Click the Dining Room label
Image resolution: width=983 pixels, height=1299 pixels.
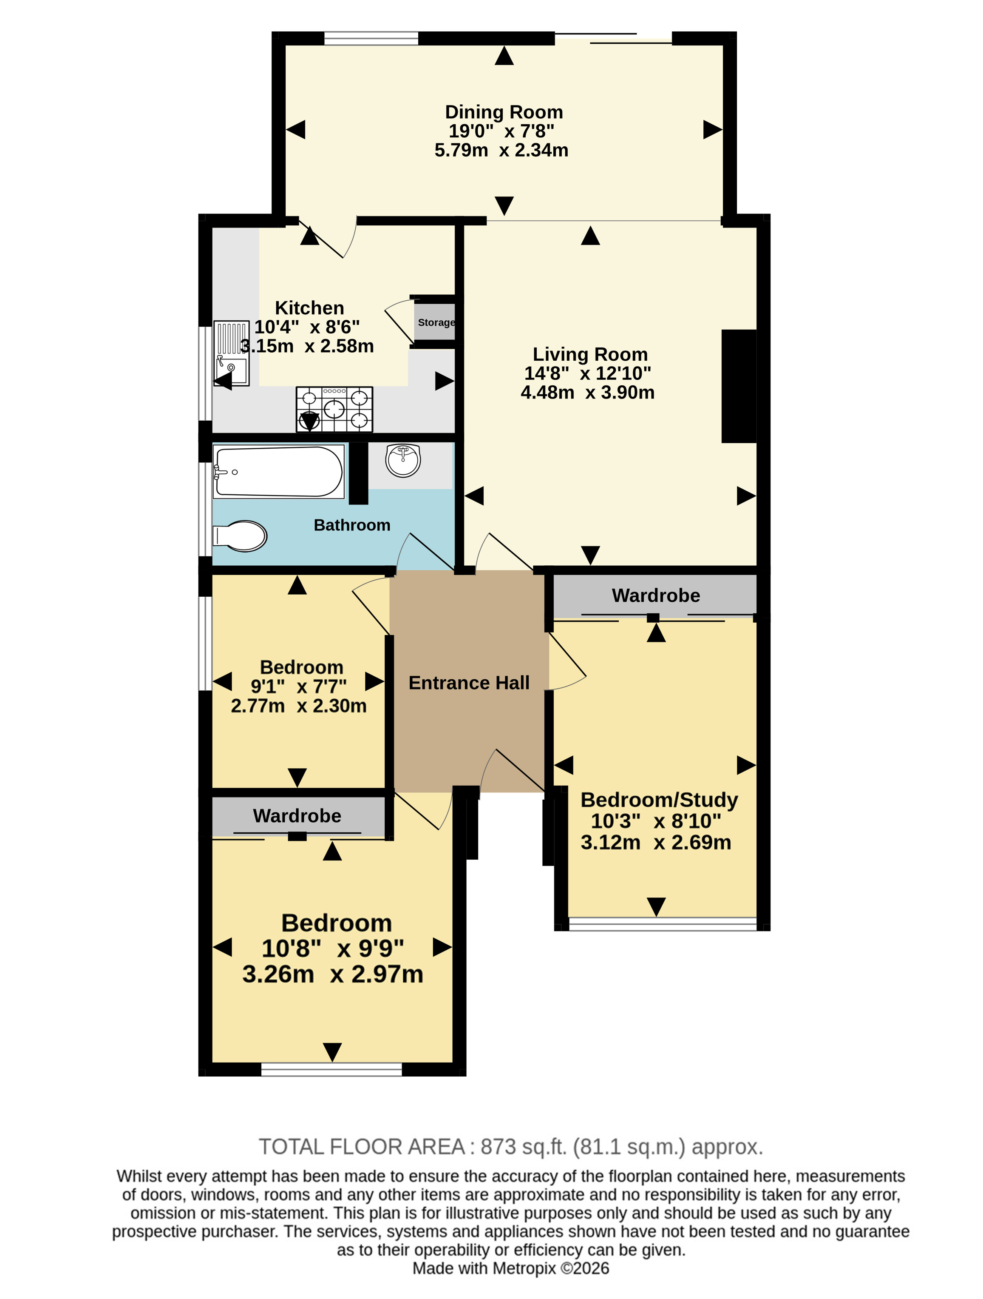(504, 111)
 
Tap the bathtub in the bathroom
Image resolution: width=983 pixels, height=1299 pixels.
(278, 472)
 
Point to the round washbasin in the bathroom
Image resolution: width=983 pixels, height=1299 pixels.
(403, 460)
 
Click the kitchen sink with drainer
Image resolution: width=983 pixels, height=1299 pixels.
(231, 353)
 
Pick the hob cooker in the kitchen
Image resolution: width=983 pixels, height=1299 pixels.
(334, 409)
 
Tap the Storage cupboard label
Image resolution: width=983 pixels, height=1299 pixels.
(436, 322)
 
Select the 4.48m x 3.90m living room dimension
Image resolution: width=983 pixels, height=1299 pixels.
(587, 392)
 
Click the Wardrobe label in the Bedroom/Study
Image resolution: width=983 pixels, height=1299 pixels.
(655, 595)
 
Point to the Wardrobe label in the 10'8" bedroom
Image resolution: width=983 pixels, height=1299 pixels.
(297, 816)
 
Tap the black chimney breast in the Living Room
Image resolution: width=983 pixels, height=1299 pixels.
(739, 386)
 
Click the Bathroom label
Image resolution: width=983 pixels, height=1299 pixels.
(352, 525)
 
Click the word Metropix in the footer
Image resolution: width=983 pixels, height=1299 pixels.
(524, 1268)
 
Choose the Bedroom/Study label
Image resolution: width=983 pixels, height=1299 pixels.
(659, 800)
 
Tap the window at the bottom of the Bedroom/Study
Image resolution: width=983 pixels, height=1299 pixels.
(663, 924)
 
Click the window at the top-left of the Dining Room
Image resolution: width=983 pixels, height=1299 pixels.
(371, 38)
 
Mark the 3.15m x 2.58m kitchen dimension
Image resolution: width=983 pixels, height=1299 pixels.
(307, 346)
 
